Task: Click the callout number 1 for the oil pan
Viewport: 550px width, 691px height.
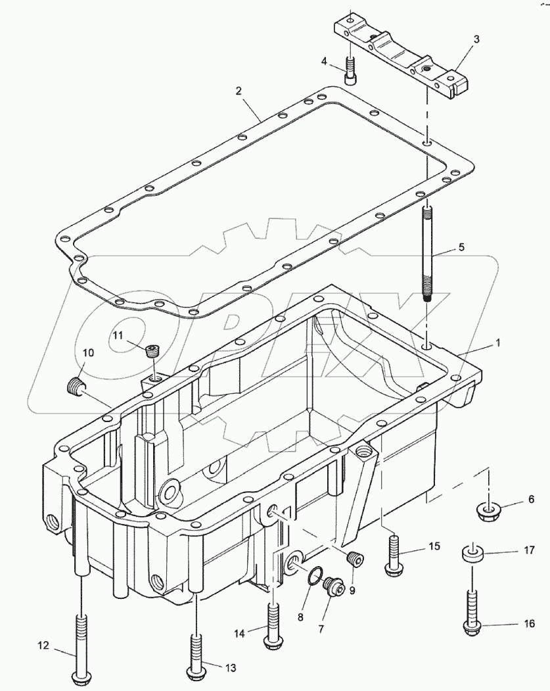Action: click(x=497, y=343)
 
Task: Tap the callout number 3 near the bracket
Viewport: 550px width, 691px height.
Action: click(x=476, y=40)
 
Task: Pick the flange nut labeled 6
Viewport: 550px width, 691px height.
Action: click(x=487, y=509)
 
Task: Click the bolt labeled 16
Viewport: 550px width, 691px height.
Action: click(x=472, y=611)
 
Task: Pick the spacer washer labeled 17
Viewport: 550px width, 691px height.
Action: click(x=472, y=554)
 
